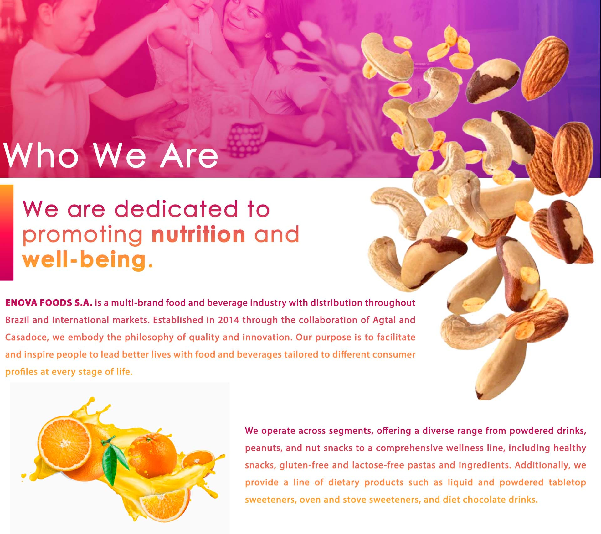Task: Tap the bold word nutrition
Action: point(198,234)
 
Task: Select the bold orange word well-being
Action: point(84,260)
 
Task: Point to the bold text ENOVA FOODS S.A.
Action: point(49,303)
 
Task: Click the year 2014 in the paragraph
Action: point(228,320)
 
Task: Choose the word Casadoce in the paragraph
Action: point(26,337)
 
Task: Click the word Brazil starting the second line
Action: point(17,320)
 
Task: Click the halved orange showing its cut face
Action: point(65,443)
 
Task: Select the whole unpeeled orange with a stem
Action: point(153,455)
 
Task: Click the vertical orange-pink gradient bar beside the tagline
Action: point(7,233)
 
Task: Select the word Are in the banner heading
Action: point(189,155)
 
